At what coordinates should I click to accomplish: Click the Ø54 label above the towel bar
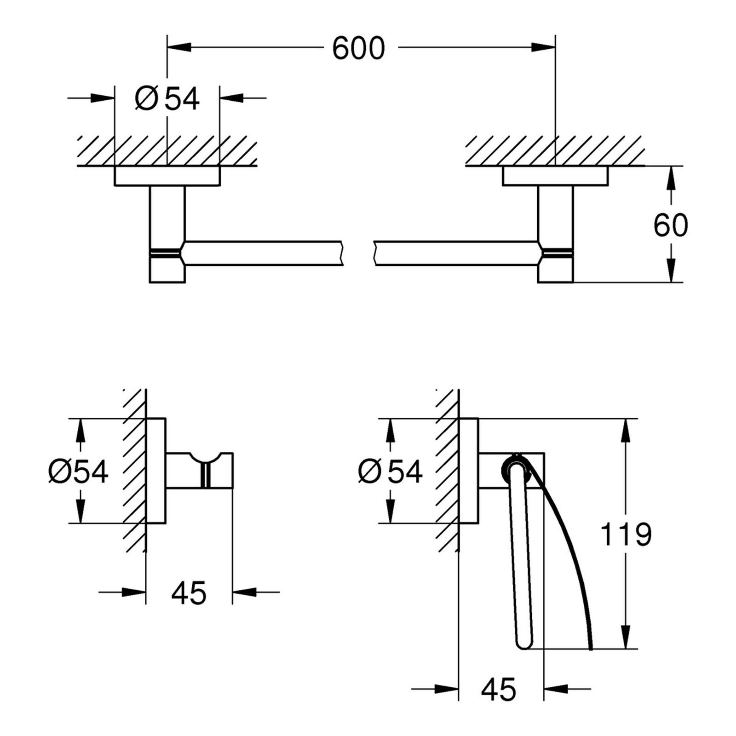pos(167,98)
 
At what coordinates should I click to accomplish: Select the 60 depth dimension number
pos(670,225)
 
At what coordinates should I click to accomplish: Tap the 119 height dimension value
pos(626,535)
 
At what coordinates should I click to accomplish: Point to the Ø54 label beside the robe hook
pos(78,471)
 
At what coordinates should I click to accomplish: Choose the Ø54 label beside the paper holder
pos(390,471)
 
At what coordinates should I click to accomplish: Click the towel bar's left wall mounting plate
pos(167,176)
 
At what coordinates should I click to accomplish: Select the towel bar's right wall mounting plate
pos(555,176)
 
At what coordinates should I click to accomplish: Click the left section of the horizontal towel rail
pos(262,253)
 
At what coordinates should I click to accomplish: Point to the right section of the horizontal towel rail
pos(455,253)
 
